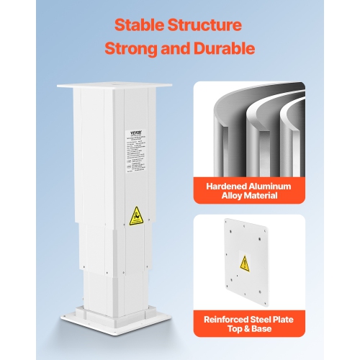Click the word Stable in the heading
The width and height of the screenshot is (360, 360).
click(142, 25)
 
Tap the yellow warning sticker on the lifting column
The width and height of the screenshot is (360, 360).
click(135, 215)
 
